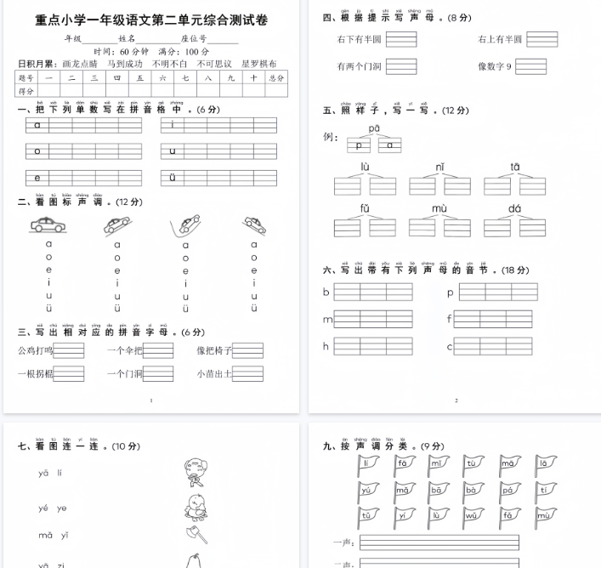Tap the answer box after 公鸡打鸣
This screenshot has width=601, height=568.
point(69,350)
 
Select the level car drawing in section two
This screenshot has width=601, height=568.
point(49,225)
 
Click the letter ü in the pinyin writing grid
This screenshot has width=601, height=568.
point(173,177)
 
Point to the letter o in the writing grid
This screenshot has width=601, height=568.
point(37,151)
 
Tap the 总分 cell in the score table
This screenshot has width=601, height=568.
point(275,77)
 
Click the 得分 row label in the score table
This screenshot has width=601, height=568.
point(26,90)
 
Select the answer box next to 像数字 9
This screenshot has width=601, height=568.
point(530,66)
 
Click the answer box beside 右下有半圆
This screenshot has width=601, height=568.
point(400,39)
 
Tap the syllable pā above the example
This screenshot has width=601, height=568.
point(374,128)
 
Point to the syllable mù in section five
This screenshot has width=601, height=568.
point(439,208)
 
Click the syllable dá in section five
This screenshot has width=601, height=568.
point(515,208)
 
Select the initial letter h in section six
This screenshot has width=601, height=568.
point(326,346)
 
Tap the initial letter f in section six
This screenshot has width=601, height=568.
point(450,320)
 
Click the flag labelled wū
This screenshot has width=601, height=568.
point(471,515)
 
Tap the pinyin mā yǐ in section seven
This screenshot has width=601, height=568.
point(54,535)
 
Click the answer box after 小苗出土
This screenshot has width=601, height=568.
point(247,373)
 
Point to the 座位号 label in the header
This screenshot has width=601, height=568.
point(194,39)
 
